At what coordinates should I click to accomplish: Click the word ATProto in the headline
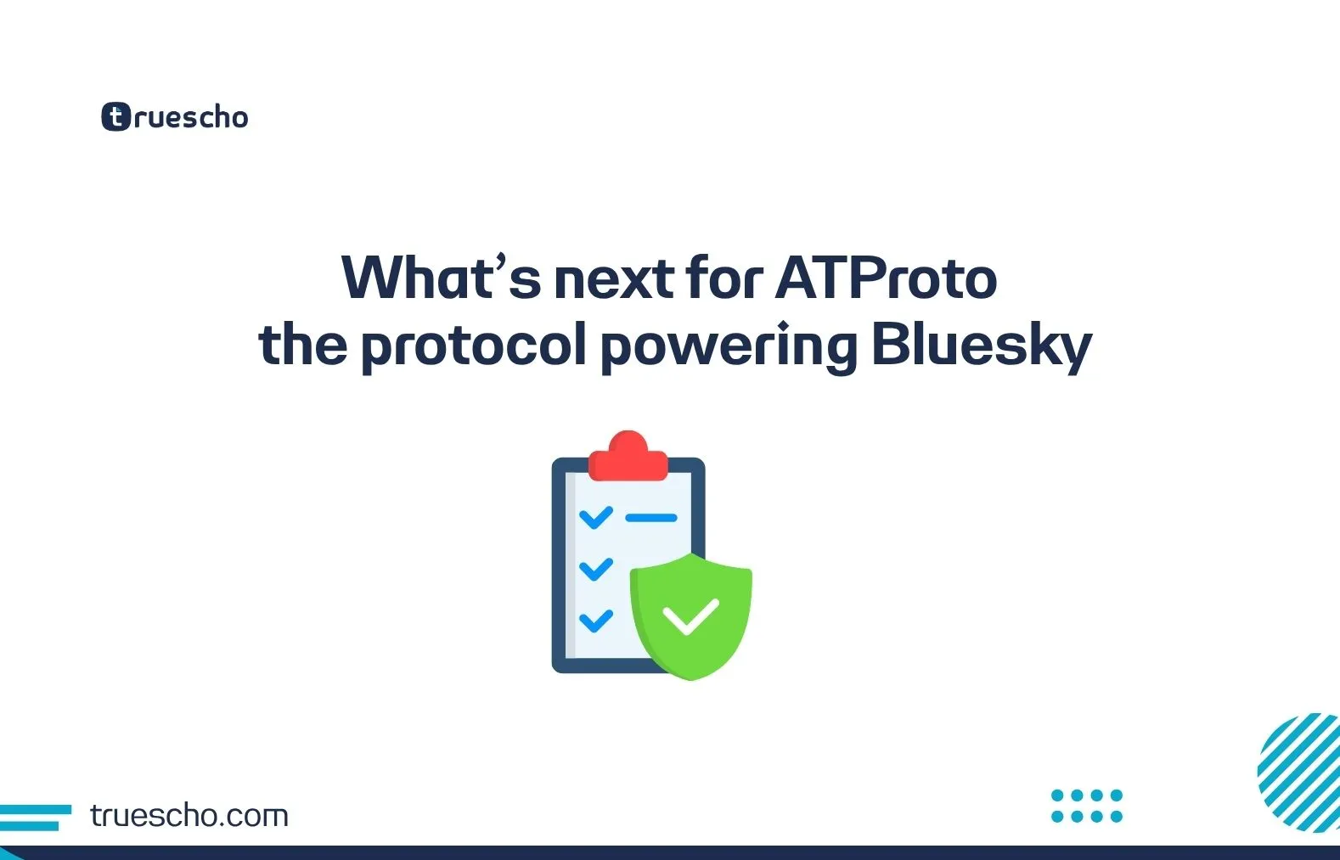click(886, 278)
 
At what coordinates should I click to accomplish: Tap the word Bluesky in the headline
click(981, 346)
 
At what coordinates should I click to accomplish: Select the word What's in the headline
click(441, 278)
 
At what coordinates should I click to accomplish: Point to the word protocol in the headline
click(474, 347)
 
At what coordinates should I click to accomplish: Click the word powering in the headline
click(729, 347)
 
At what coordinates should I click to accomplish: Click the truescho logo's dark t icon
click(116, 117)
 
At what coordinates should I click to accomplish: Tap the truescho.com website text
click(189, 816)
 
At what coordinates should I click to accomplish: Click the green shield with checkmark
click(690, 615)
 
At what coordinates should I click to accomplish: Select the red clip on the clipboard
click(628, 457)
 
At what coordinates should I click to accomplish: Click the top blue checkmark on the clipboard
click(595, 516)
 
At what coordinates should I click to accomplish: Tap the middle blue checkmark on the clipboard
click(595, 568)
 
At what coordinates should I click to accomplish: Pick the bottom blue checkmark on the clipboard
click(595, 621)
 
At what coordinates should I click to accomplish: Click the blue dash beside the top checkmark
click(651, 517)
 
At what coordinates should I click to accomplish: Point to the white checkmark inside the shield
click(690, 617)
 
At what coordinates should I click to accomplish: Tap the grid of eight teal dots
click(1087, 806)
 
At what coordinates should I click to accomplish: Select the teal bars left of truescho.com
click(35, 817)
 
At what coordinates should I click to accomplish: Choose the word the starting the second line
click(303, 346)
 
